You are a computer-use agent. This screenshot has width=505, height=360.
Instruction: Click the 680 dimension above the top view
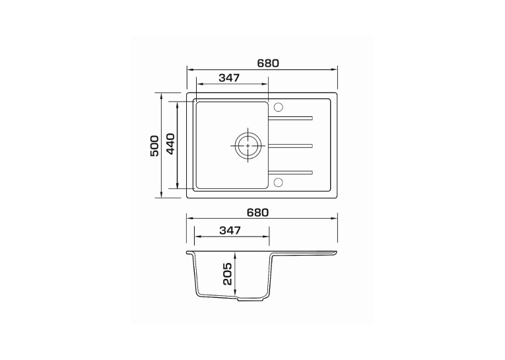(268, 63)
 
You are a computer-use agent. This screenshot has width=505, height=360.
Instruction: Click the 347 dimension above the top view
(229, 78)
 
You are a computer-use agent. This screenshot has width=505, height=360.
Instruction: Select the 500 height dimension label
(154, 146)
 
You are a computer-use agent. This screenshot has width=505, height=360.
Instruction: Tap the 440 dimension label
(170, 144)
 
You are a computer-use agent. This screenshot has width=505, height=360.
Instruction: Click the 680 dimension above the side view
(257, 213)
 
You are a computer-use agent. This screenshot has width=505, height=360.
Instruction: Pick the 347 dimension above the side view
(230, 230)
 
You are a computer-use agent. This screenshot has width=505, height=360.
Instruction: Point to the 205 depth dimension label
(227, 273)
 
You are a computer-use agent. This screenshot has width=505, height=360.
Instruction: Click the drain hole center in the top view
(248, 146)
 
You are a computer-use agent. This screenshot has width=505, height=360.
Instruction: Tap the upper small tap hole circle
(278, 107)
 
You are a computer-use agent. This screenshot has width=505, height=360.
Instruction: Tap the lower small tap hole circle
(278, 182)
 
